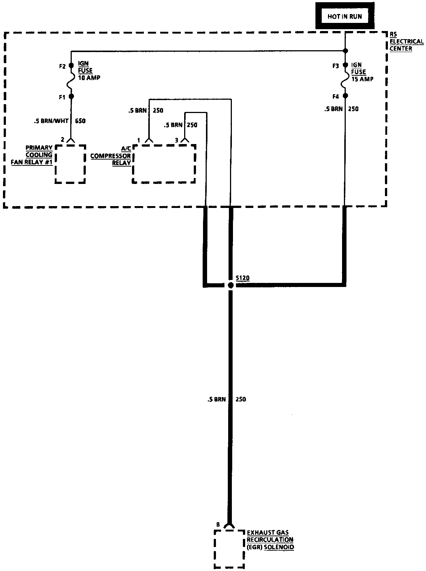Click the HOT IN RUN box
pyautogui.click(x=345, y=17)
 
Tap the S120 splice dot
pyautogui.click(x=230, y=285)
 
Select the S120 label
pyautogui.click(x=242, y=278)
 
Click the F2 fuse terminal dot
pyautogui.click(x=71, y=66)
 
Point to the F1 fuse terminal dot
pyautogui.click(x=71, y=96)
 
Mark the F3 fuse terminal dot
pyautogui.click(x=345, y=66)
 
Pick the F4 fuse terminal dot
pyautogui.click(x=345, y=96)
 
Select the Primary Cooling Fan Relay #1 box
pyautogui.click(x=70, y=164)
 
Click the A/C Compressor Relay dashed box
pyautogui.click(x=164, y=163)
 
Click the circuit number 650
pyautogui.click(x=80, y=121)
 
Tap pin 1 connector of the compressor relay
pyautogui.click(x=149, y=140)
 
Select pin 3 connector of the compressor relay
pyautogui.click(x=184, y=140)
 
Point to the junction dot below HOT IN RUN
pyautogui.click(x=345, y=51)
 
